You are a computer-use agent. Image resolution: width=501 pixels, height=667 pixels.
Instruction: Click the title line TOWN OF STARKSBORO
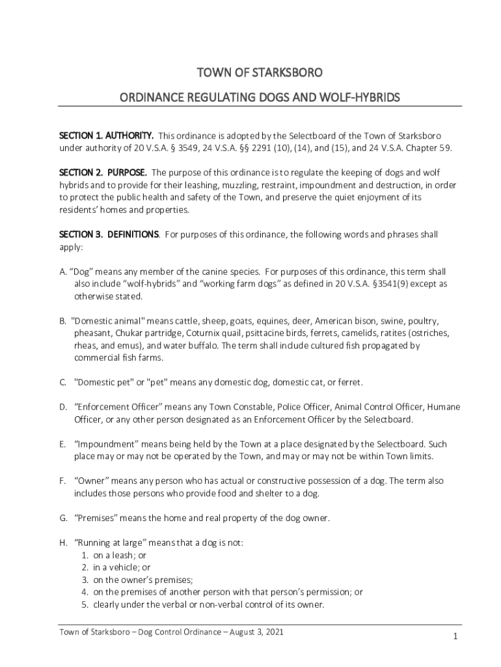(260, 71)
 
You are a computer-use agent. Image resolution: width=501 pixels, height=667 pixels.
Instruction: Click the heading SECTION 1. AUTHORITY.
(106, 135)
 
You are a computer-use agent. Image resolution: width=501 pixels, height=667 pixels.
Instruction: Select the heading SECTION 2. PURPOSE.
(103, 173)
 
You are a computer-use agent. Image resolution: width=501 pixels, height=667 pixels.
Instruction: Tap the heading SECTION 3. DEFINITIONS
(109, 234)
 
